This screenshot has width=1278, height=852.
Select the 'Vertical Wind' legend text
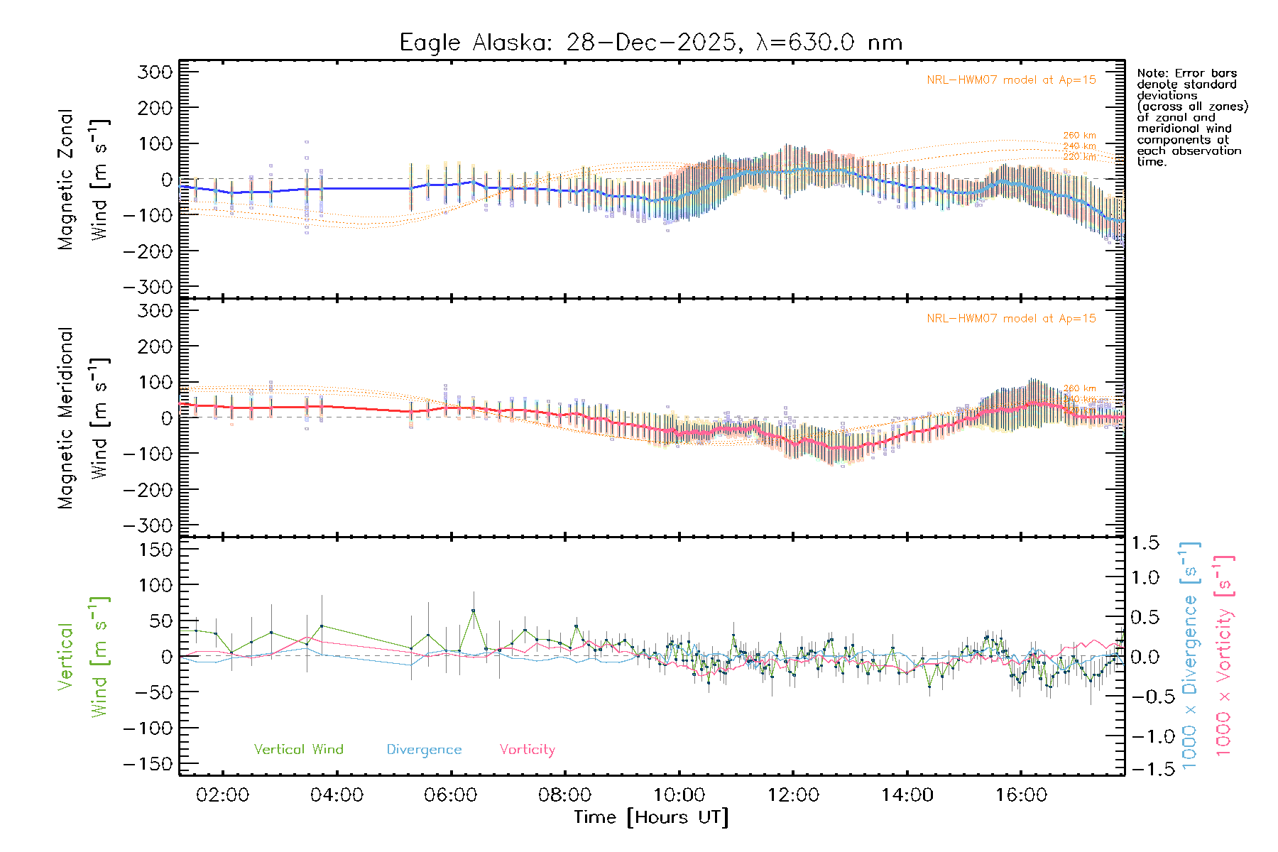click(298, 749)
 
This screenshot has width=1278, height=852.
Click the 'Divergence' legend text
click(424, 749)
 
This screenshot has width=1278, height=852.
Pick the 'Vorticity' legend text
click(527, 749)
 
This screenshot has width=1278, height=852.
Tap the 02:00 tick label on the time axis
click(222, 795)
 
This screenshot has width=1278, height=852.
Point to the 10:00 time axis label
click(679, 795)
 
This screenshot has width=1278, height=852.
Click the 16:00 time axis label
click(1021, 795)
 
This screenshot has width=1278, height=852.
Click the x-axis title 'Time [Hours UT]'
click(651, 817)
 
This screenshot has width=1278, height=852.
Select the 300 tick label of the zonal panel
click(155, 72)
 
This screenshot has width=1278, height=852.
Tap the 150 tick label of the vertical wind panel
click(155, 550)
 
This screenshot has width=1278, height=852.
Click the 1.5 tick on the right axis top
click(1145, 543)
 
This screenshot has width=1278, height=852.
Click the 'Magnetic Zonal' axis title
click(66, 180)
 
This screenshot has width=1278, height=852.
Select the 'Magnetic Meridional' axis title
click(66, 418)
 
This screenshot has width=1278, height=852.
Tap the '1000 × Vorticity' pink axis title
click(1224, 655)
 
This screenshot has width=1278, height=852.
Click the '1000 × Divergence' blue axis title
click(1190, 655)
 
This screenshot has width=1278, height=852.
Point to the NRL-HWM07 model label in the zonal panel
click(1011, 80)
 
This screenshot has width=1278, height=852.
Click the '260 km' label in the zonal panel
click(1079, 135)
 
